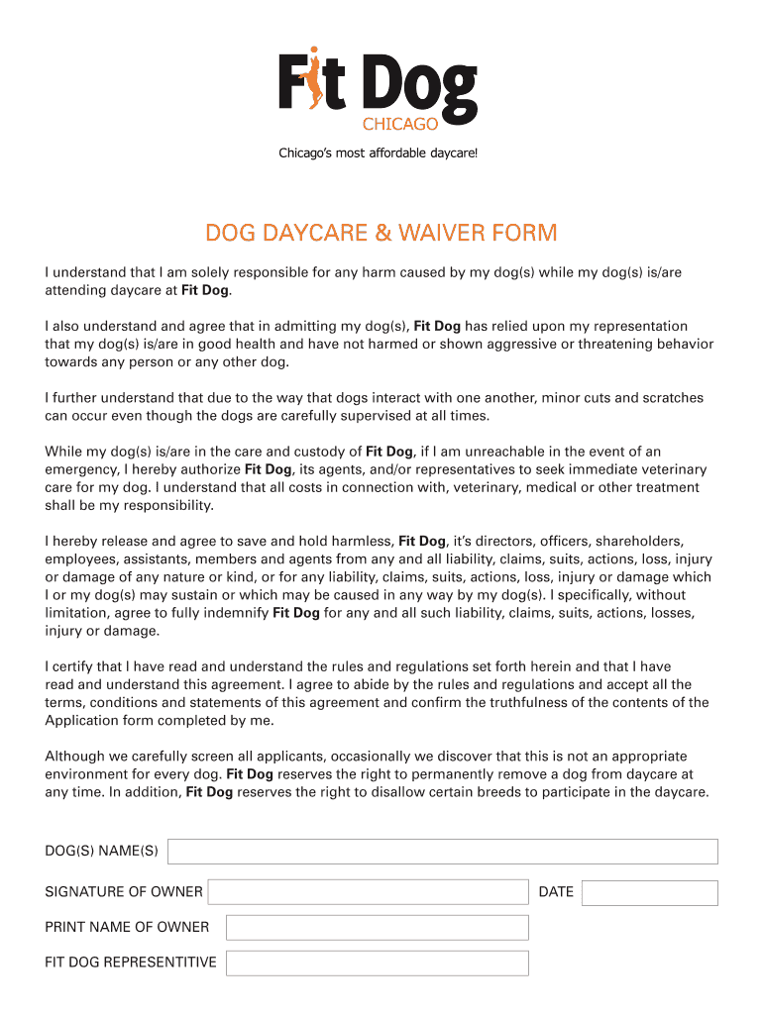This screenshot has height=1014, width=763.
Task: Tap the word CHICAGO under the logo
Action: click(399, 124)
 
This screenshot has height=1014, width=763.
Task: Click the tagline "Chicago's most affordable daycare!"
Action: click(382, 153)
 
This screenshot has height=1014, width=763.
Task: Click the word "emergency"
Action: click(82, 469)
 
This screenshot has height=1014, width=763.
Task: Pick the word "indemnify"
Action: click(233, 613)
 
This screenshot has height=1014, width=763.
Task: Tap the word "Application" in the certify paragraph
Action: click(82, 720)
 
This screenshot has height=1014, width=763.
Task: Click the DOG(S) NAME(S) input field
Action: click(442, 852)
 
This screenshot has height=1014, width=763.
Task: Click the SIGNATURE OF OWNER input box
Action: click(368, 892)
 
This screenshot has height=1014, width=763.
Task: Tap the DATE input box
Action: click(649, 893)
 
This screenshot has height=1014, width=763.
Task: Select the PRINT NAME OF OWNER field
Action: click(377, 928)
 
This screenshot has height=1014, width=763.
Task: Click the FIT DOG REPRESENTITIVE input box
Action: click(377, 963)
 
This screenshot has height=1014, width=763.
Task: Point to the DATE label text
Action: click(556, 892)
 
